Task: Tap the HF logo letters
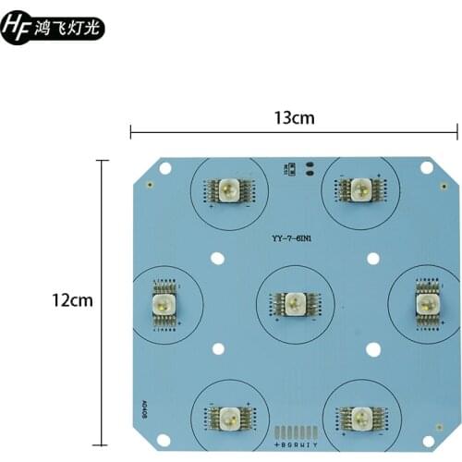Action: (x=17, y=29)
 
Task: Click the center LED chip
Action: (x=295, y=302)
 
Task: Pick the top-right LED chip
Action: (x=359, y=190)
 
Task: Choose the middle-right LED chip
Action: (x=426, y=302)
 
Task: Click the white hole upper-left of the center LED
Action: (x=218, y=259)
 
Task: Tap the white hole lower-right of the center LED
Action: (x=373, y=348)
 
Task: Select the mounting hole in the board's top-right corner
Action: (x=427, y=167)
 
